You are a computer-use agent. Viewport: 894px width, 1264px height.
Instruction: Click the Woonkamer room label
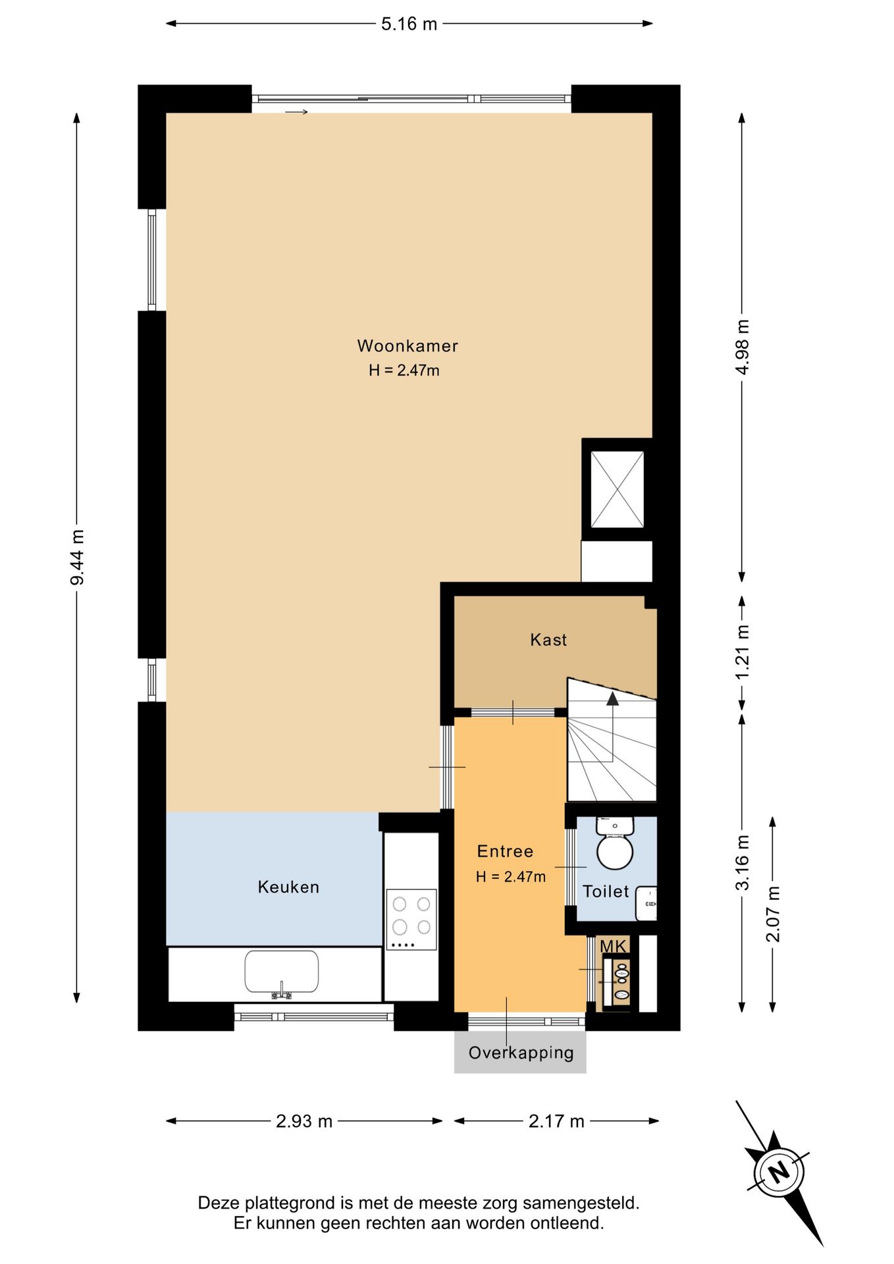click(408, 346)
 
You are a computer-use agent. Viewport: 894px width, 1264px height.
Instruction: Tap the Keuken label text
click(288, 887)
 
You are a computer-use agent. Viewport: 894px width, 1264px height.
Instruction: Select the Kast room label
click(548, 639)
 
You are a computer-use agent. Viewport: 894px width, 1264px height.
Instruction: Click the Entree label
click(505, 851)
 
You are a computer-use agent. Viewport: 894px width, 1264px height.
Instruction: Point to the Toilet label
click(606, 891)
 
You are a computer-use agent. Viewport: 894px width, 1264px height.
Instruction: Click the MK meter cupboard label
click(613, 946)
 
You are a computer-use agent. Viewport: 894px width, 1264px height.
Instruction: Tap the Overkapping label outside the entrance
click(521, 1053)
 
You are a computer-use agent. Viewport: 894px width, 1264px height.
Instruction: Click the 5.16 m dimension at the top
click(409, 24)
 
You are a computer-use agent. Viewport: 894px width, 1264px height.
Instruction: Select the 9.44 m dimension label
click(78, 557)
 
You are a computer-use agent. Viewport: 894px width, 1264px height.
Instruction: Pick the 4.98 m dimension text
click(742, 347)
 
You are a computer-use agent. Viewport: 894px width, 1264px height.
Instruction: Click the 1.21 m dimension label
click(742, 652)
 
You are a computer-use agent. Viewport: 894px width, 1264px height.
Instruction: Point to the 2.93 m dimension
click(304, 1121)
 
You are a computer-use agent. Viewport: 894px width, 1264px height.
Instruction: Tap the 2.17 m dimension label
click(556, 1121)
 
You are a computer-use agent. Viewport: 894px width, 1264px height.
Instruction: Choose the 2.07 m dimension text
click(773, 914)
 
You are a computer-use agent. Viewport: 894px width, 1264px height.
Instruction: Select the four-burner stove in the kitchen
click(411, 920)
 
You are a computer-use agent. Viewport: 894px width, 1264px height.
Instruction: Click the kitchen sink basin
click(282, 972)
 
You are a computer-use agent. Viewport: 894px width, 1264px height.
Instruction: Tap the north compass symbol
click(779, 1173)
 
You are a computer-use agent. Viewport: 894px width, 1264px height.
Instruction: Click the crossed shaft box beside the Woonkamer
click(617, 489)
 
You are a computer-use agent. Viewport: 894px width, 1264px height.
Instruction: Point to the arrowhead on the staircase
click(613, 698)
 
